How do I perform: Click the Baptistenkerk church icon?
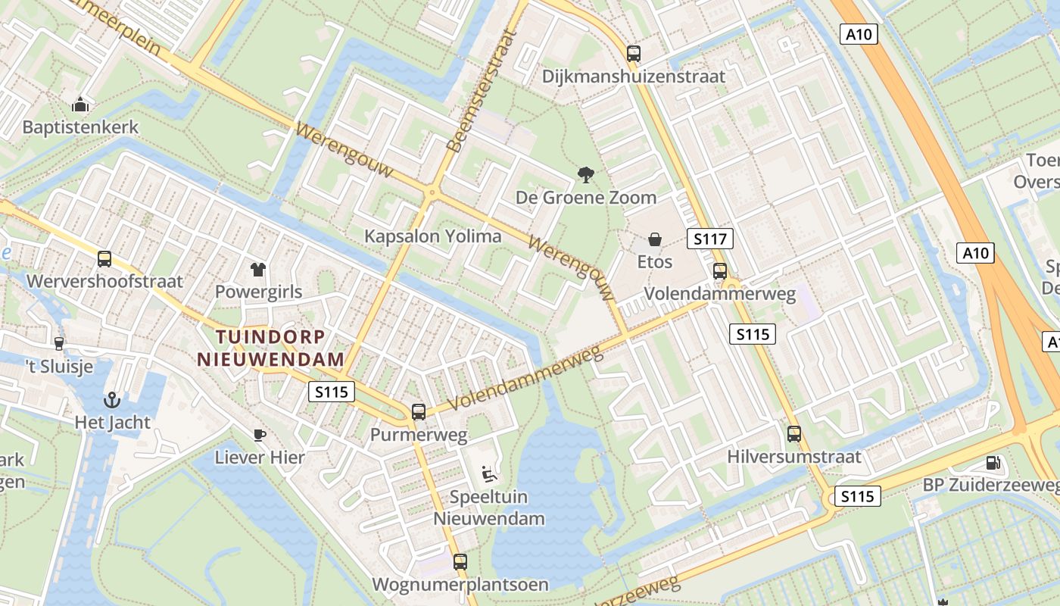tap(79, 105)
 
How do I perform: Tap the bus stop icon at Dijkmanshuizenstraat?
tap(634, 53)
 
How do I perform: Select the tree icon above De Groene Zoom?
tap(585, 175)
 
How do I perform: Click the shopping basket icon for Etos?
tap(655, 239)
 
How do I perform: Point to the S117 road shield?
tap(710, 239)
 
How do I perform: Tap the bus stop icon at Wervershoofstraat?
tap(104, 259)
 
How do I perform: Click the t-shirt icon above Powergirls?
tap(258, 269)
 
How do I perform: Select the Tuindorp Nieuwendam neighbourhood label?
tap(271, 348)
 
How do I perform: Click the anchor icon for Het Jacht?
tap(112, 399)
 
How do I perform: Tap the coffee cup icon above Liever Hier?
tap(259, 434)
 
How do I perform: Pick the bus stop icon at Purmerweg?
tap(419, 411)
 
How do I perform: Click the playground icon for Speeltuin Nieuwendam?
tap(489, 474)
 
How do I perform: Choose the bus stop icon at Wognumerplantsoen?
tap(460, 561)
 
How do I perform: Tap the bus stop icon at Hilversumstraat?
tap(794, 433)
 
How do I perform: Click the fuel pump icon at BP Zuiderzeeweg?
tap(992, 462)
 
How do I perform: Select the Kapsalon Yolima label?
tap(433, 236)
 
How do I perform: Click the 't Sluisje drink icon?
tap(59, 343)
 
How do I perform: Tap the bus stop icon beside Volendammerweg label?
tap(720, 270)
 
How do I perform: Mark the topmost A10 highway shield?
tap(859, 33)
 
